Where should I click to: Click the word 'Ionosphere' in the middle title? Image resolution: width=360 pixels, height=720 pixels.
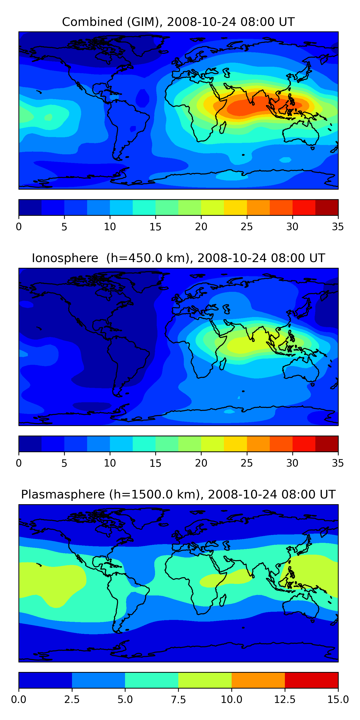[65, 258]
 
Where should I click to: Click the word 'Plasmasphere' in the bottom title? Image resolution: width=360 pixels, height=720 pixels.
[63, 494]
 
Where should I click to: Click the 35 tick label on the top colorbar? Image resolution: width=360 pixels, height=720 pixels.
[338, 227]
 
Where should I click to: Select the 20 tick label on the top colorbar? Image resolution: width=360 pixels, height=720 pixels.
[201, 227]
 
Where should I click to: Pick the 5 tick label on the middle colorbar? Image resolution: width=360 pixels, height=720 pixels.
[64, 463]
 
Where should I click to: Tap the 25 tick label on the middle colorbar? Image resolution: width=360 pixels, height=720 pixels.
[246, 463]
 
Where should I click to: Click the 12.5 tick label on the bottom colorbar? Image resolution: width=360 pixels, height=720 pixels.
[285, 700]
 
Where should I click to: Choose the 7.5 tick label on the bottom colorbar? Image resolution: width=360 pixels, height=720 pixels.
[178, 700]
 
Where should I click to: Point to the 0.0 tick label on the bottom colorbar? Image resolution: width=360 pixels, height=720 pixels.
[19, 700]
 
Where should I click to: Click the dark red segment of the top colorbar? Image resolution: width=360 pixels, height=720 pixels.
[326, 207]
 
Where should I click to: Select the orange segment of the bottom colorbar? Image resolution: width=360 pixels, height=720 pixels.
[258, 680]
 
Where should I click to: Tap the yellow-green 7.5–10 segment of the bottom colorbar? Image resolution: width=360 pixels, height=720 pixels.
[205, 680]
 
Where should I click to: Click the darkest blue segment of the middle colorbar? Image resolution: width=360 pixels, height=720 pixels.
[30, 444]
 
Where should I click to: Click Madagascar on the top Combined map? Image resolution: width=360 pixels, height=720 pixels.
[223, 127]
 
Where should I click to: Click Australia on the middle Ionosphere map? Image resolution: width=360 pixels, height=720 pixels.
[300, 370]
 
